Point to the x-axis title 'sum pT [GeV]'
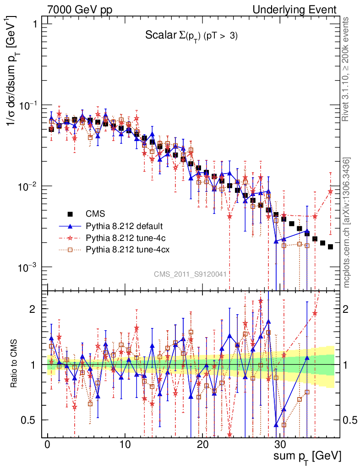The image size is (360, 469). click(x=307, y=456)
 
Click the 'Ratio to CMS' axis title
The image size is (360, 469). click(x=14, y=365)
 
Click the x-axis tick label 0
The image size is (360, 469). click(x=47, y=445)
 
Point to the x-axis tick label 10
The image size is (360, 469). click(x=125, y=445)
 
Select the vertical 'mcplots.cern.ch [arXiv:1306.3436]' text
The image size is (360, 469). click(x=347, y=223)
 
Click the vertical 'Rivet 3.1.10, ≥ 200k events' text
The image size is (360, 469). click(x=347, y=69)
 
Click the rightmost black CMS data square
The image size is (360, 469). click(x=330, y=246)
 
